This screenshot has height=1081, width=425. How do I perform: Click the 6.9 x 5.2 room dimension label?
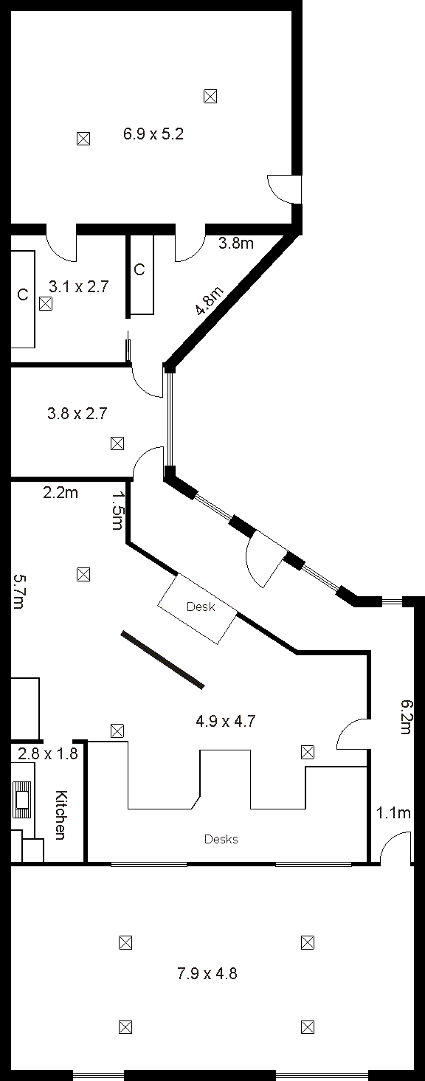153,134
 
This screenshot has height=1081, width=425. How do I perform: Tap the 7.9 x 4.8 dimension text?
207,973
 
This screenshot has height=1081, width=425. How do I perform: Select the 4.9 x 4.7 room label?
225,721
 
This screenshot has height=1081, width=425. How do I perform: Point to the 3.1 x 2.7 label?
79,286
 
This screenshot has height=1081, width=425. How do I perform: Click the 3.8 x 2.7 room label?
77,413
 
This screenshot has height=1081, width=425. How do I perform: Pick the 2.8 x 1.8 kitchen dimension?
48,753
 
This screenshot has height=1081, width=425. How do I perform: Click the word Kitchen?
61,815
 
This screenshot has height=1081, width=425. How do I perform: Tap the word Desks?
221,839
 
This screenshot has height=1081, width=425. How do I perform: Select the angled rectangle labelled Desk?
198,608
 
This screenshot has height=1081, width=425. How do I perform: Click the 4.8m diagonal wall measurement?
210,300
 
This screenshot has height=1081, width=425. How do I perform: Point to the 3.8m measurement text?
236,243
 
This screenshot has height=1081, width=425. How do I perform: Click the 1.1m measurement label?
393,813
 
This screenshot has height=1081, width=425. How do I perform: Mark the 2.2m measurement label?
61,493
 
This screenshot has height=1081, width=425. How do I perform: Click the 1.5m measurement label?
117,510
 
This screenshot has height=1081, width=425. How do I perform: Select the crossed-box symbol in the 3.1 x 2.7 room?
46,304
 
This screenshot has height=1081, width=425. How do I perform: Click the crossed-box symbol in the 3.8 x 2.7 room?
117,443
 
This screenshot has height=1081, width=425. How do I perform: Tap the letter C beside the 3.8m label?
139,269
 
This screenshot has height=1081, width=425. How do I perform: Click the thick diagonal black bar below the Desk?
162,659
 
